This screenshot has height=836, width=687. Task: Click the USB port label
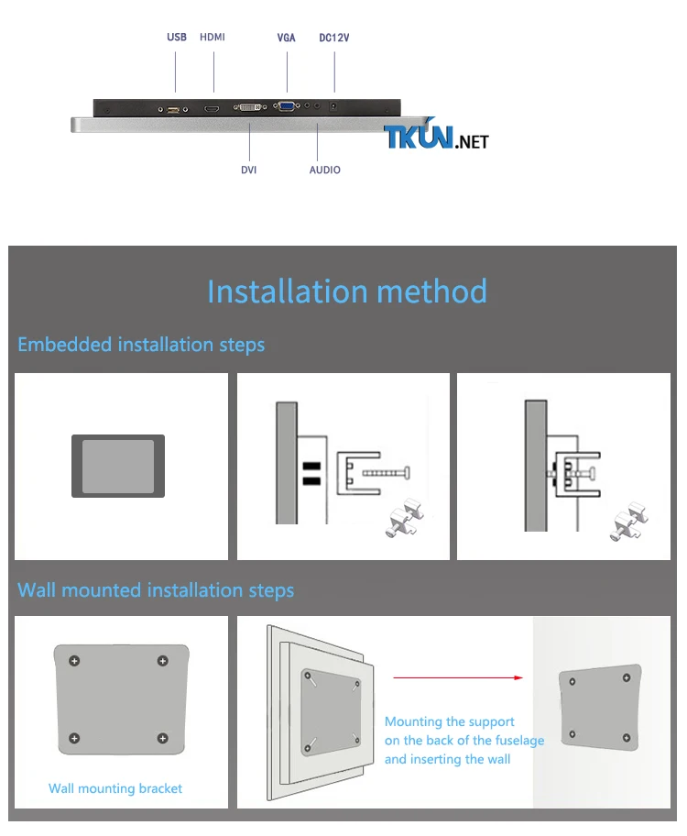coord(177,38)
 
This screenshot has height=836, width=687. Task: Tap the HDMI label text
coord(213,37)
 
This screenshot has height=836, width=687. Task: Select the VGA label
coord(286,38)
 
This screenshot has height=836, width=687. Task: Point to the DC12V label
coord(334,38)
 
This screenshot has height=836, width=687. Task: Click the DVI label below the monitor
coord(249,170)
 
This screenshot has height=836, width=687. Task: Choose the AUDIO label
coord(325,170)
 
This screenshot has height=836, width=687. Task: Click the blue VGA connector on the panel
coord(287,106)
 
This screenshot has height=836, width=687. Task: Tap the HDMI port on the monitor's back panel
coord(212,109)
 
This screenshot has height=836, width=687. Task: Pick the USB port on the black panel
coord(173,109)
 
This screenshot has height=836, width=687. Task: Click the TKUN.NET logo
coord(436,136)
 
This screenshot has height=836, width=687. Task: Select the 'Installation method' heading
coord(347,291)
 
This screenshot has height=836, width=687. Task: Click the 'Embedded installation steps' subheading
coord(141,345)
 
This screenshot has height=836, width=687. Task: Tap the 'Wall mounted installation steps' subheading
coord(156,590)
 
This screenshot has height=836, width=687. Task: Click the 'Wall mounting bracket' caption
coord(115,788)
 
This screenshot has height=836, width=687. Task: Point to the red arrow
coord(458,677)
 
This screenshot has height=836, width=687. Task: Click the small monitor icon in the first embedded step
coord(118,466)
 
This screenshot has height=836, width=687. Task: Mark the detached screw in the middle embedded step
coord(387,473)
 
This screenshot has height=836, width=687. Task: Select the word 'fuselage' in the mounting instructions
coord(519,741)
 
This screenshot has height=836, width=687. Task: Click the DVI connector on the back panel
coord(250,107)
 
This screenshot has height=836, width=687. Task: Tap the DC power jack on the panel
coord(333,106)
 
